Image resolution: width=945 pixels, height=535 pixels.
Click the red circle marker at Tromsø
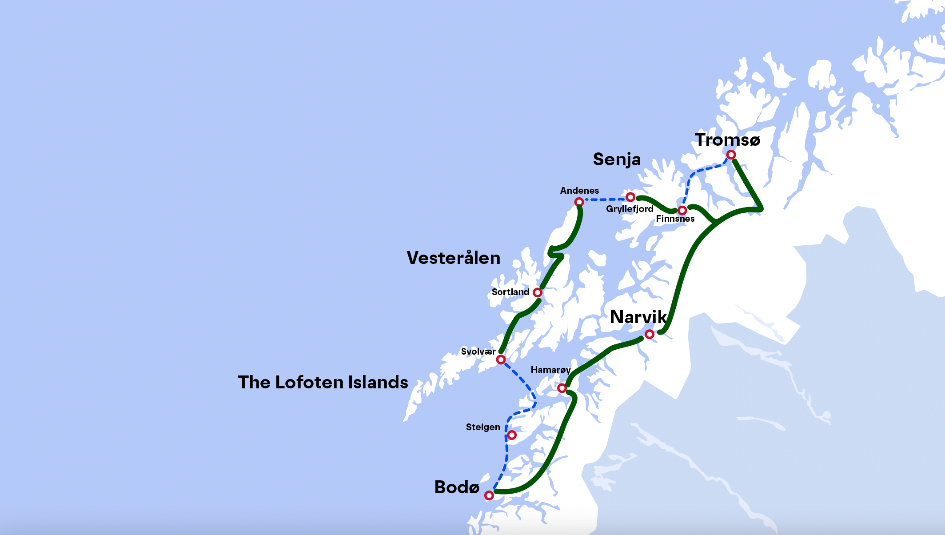click(731, 155)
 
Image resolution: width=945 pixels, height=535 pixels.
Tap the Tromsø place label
click(727, 140)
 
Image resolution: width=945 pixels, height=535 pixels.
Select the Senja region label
click(617, 160)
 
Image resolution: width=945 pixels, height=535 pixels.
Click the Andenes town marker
click(579, 202)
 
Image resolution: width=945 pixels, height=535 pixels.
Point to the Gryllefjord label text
click(630, 209)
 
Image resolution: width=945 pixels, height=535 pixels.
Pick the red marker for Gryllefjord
click(630, 197)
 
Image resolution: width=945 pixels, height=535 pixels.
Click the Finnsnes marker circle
click(682, 210)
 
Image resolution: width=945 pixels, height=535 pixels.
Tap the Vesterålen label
click(453, 258)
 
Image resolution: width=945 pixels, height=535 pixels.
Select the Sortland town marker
click(538, 292)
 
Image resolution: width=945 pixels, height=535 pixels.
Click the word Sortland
click(510, 292)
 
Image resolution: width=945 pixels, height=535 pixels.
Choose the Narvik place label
click(638, 317)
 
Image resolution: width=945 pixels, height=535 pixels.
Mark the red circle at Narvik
click(650, 334)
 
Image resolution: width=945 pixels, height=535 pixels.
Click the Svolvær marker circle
click(501, 359)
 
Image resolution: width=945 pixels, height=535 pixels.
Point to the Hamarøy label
click(550, 370)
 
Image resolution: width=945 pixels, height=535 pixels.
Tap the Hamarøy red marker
click(562, 388)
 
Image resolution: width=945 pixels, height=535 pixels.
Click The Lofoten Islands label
click(323, 383)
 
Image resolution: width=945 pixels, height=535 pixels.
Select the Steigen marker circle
click(512, 435)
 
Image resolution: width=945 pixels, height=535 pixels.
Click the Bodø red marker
click(489, 495)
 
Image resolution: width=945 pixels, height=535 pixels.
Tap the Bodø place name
click(457, 487)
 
